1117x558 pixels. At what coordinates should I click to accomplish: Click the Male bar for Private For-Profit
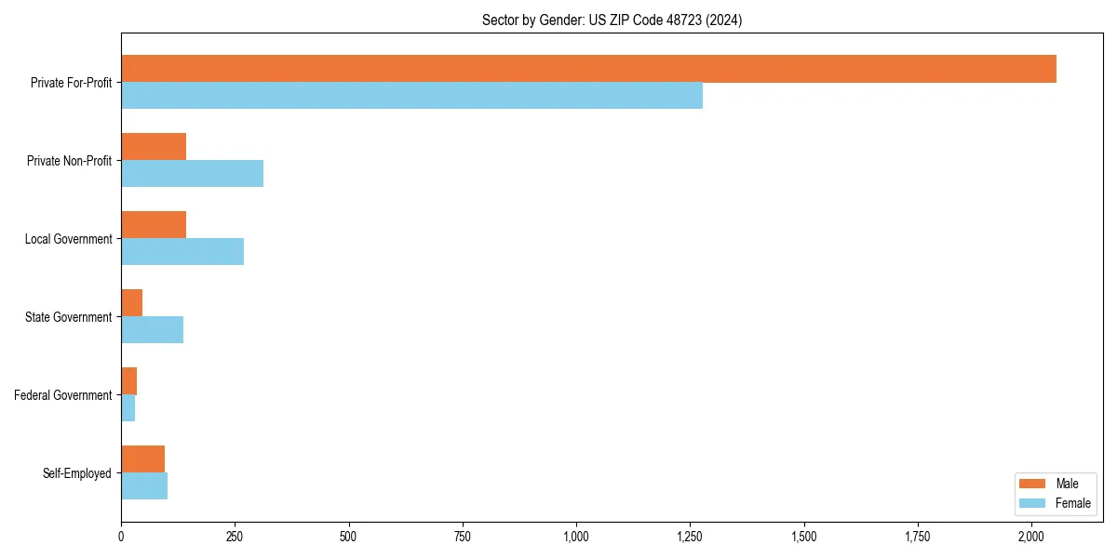click(x=588, y=69)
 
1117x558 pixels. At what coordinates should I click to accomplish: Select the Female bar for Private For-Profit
click(x=411, y=96)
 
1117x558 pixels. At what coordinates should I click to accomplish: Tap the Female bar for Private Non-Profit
click(x=192, y=174)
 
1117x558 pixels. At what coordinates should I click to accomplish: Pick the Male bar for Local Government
click(x=154, y=225)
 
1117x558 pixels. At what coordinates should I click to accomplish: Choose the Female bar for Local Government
click(x=182, y=252)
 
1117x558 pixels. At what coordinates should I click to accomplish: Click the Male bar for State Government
click(x=131, y=303)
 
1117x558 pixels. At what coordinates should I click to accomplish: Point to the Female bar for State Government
click(x=152, y=330)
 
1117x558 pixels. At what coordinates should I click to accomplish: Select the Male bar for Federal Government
click(x=128, y=381)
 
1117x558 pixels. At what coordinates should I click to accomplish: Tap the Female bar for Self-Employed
click(x=144, y=486)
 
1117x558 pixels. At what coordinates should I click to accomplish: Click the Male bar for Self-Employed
click(x=142, y=459)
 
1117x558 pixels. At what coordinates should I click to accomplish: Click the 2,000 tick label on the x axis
click(x=1031, y=537)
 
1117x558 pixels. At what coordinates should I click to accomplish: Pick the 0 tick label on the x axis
click(x=121, y=537)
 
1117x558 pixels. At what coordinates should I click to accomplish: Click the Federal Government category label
click(x=63, y=395)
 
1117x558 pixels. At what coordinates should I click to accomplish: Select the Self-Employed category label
click(x=77, y=473)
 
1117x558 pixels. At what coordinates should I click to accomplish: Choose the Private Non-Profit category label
click(x=70, y=161)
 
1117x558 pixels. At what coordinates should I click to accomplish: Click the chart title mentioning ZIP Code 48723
click(x=612, y=20)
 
